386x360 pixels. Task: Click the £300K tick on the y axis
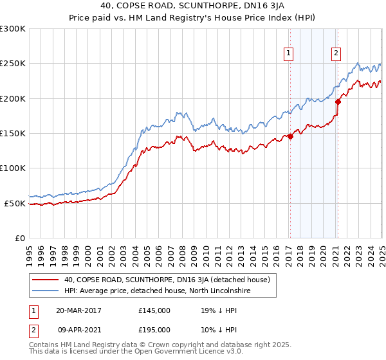click(x=13, y=29)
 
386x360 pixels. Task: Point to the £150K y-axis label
click(x=13, y=133)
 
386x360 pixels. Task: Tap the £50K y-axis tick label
click(x=15, y=203)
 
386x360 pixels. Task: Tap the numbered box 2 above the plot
click(x=336, y=54)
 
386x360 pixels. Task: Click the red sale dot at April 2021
click(x=338, y=101)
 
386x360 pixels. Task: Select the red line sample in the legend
click(x=45, y=280)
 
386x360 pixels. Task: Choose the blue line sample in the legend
click(x=45, y=291)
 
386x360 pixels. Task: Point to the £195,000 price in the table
click(x=154, y=329)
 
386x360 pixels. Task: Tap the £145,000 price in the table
click(x=154, y=310)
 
